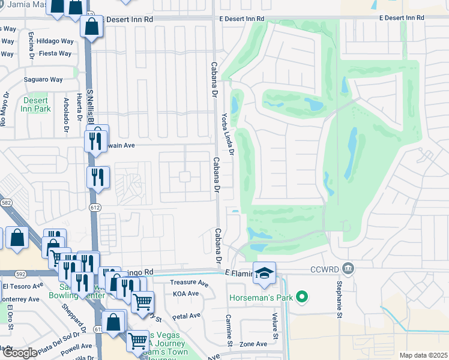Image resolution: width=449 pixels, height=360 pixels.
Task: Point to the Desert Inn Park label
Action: click(x=37, y=105)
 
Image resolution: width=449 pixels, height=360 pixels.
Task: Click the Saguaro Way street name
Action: click(x=43, y=79)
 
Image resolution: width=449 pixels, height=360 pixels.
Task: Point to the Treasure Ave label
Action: click(x=188, y=283)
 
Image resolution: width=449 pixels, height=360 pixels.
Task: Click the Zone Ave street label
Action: click(x=253, y=344)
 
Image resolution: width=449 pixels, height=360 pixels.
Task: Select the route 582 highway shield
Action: click(x=5, y=204)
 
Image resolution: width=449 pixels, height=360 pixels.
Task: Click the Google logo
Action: click(x=20, y=353)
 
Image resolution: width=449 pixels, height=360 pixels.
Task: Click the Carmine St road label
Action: click(x=229, y=329)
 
